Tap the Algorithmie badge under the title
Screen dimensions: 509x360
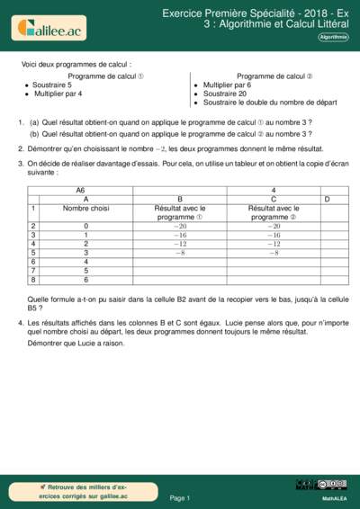point(333,37)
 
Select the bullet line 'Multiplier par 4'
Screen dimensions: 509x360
point(59,94)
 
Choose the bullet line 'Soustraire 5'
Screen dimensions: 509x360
point(55,85)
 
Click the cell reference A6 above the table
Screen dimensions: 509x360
point(80,191)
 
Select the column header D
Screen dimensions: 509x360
point(326,199)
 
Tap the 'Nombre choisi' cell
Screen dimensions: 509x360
point(86,208)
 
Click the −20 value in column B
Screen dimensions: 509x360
point(181,226)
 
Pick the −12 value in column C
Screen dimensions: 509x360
point(274,244)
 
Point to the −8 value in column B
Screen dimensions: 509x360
point(181,253)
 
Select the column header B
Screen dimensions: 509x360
point(181,199)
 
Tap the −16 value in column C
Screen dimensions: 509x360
point(274,235)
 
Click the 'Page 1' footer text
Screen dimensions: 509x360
point(180,497)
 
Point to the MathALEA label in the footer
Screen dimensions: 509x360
point(334,497)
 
